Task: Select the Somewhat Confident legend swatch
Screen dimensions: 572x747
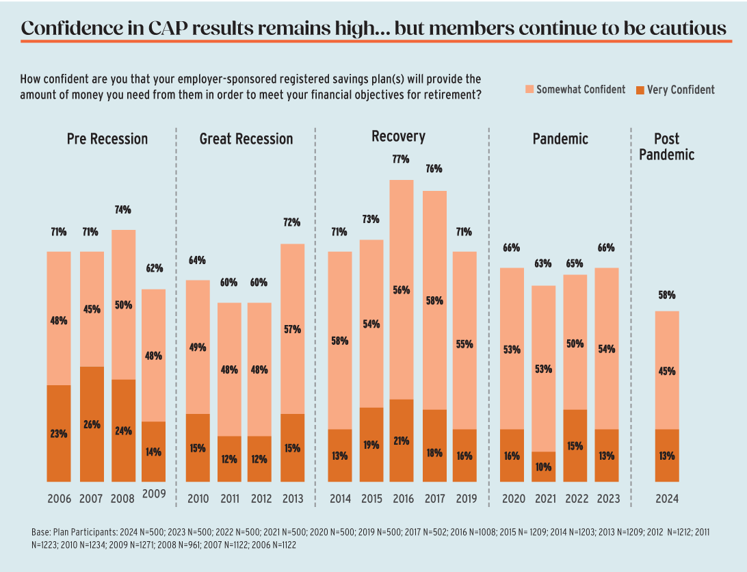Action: click(x=529, y=90)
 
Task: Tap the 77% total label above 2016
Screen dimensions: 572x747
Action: click(x=401, y=159)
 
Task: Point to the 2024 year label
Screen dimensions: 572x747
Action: click(x=666, y=499)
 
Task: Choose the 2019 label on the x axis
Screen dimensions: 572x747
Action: click(x=464, y=499)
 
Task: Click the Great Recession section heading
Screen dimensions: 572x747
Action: click(x=246, y=139)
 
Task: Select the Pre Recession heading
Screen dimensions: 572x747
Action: click(x=107, y=139)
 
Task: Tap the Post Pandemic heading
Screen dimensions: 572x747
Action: click(x=666, y=146)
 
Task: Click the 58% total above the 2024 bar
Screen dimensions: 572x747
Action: click(x=666, y=295)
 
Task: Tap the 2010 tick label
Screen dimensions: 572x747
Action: click(x=198, y=499)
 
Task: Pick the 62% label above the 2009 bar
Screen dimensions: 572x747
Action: click(x=153, y=268)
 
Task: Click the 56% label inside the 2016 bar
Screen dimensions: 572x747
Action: click(x=401, y=289)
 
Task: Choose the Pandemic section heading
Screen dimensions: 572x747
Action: click(x=560, y=139)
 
